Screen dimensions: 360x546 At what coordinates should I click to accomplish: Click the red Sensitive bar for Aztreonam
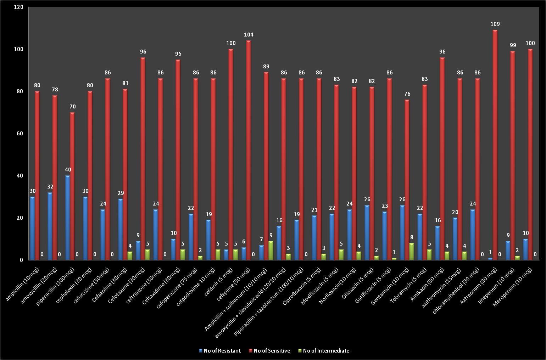click(495, 145)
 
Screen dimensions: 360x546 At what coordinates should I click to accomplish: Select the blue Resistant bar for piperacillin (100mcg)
click(67, 218)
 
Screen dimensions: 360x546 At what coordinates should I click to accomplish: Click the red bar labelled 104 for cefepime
click(249, 150)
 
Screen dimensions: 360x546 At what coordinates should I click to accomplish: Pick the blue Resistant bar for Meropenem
click(525, 249)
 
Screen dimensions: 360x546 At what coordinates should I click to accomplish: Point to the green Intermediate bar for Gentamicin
click(411, 252)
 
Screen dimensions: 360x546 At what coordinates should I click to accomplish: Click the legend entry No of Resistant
click(220, 351)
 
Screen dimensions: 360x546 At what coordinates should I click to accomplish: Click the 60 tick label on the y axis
click(20, 134)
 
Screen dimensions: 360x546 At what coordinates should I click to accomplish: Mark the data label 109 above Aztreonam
click(495, 24)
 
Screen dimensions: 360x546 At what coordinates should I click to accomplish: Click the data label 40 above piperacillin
click(68, 170)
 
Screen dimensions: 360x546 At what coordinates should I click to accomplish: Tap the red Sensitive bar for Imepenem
click(513, 156)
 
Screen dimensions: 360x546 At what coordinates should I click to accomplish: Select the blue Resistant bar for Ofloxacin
click(367, 232)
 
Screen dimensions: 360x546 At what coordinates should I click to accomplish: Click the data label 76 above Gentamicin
click(407, 94)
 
